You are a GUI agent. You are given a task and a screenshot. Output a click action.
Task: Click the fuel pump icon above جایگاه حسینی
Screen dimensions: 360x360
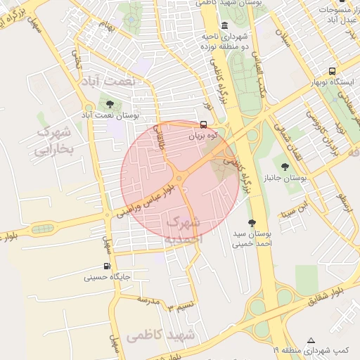click(106, 266)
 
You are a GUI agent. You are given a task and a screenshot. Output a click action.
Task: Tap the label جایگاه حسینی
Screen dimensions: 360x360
click(103, 277)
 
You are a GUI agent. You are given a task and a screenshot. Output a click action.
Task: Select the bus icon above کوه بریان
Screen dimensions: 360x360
click(203, 125)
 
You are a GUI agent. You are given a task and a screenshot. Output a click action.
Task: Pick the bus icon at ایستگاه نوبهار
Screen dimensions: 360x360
click(332, 71)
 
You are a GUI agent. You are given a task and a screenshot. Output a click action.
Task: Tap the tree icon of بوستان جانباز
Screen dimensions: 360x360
click(285, 167)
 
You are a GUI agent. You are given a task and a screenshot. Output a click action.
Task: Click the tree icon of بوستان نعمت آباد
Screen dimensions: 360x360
click(110, 103)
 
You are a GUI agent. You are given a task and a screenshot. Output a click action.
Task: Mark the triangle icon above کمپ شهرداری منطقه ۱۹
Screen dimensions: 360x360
click(311, 339)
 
